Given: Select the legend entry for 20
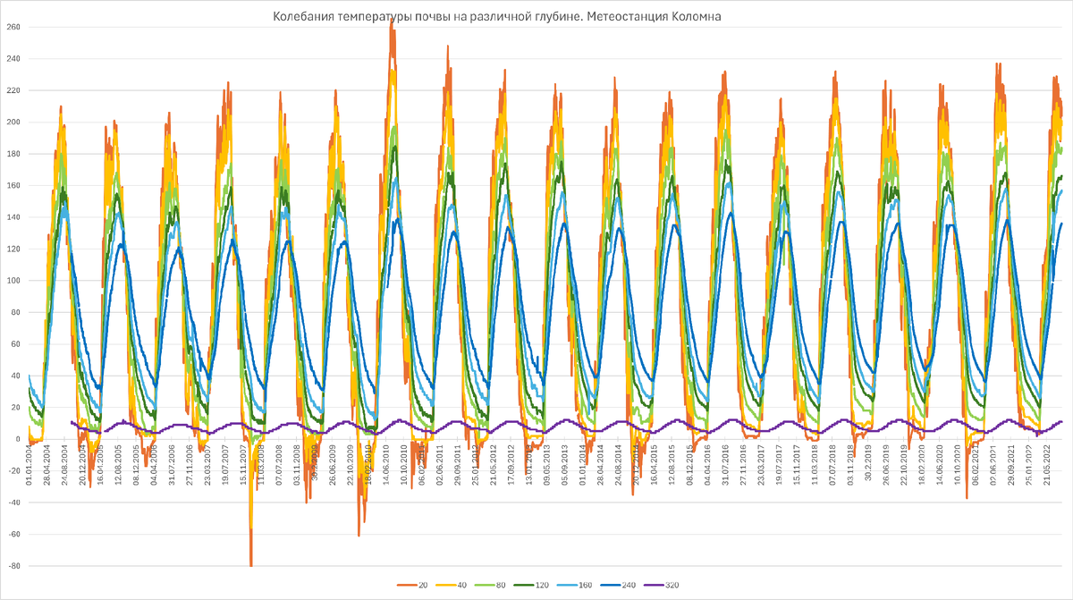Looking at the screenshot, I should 417,584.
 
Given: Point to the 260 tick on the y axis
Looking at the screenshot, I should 13,27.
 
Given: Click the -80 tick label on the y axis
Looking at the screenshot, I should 13,566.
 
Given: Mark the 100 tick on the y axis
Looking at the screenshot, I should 13,281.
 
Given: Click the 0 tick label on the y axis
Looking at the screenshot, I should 17,439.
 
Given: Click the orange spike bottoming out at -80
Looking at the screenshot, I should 251,563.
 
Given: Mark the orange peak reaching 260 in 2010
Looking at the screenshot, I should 392,27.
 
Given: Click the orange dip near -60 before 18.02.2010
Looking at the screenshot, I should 359,534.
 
